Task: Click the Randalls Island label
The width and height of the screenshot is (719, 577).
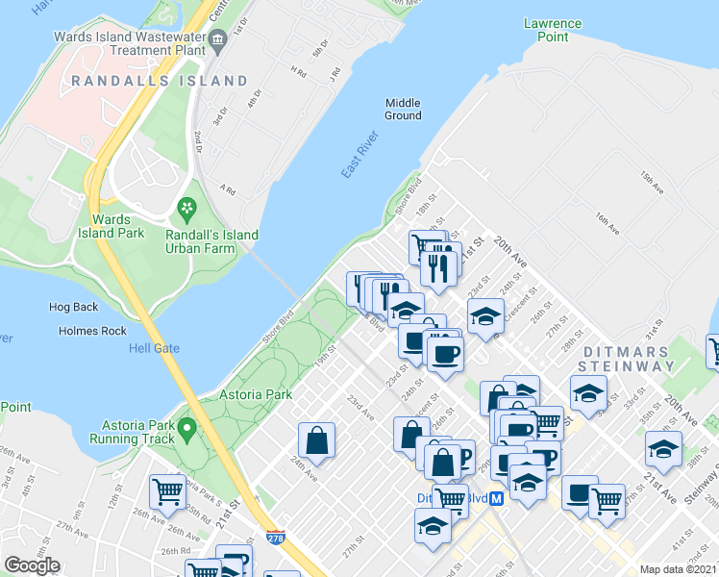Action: pyautogui.click(x=165, y=81)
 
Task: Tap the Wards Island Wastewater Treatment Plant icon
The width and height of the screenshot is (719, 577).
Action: pyautogui.click(x=220, y=39)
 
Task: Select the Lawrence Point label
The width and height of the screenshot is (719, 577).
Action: pyautogui.click(x=552, y=30)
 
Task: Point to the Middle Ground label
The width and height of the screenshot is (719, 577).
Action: pyautogui.click(x=404, y=109)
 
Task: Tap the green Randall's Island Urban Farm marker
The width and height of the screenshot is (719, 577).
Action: pyautogui.click(x=185, y=207)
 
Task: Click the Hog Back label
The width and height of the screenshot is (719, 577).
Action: pyautogui.click(x=73, y=308)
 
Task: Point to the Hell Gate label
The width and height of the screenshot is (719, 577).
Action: pyautogui.click(x=154, y=348)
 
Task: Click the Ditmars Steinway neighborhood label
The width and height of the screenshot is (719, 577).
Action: pyautogui.click(x=629, y=359)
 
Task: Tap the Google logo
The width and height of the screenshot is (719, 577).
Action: pyautogui.click(x=32, y=565)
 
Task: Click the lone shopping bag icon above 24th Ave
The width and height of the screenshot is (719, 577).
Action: pyautogui.click(x=316, y=441)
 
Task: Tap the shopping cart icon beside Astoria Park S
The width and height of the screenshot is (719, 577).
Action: pyautogui.click(x=167, y=491)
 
